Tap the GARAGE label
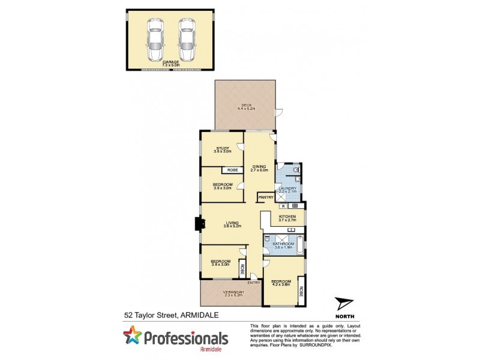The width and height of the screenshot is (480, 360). pos(171,61)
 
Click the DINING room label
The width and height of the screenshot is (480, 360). pos(259,167)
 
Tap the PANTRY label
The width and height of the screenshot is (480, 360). pos(265,197)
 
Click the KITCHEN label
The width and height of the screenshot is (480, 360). pos(288,216)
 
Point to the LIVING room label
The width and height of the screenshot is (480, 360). pos(232,223)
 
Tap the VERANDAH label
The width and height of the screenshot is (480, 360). pos(230,292)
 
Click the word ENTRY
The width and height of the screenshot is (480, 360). pos(254,283)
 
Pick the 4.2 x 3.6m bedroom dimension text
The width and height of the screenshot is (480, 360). pos(281,285)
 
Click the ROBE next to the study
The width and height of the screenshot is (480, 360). pos(232,170)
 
